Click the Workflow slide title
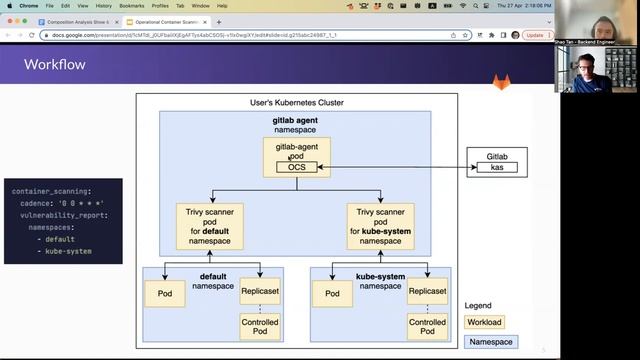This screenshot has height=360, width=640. tap(55, 65)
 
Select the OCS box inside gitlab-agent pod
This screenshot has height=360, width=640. tap(296, 167)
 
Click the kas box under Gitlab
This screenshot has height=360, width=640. tap(497, 167)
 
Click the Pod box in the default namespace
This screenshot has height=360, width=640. tap(165, 293)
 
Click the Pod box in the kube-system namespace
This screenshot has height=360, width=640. tap(331, 293)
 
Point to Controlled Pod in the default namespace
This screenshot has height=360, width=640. tap(261, 327)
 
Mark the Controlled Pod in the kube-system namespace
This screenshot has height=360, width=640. tap(427, 327)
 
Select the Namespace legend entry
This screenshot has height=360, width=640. tap(492, 342)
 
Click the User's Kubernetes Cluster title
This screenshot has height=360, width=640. tap(296, 103)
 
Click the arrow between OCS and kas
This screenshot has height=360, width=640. tap(398, 167)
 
